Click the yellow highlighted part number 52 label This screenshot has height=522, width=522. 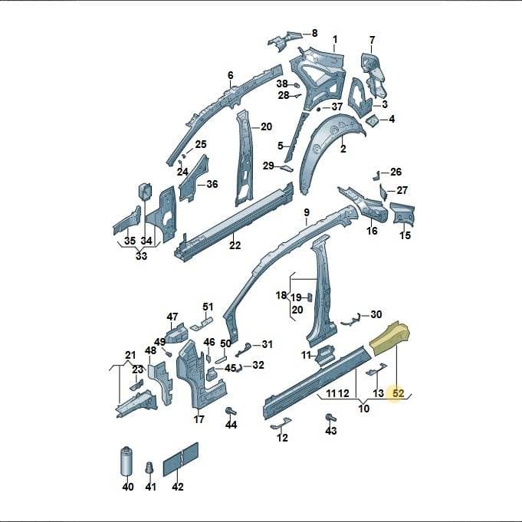click(398, 393)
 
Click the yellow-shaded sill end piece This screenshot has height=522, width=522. click(391, 337)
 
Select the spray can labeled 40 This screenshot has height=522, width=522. click(127, 461)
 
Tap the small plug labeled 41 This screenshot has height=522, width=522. click(150, 469)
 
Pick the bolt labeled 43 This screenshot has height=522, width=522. click(331, 418)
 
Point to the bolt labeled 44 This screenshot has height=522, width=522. click(230, 411)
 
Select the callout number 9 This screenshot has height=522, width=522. click(307, 212)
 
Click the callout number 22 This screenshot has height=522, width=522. click(235, 245)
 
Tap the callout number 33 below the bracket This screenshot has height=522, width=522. click(141, 256)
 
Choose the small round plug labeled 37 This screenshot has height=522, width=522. click(318, 109)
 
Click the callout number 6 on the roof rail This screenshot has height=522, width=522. click(231, 75)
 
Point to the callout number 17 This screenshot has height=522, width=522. click(199, 419)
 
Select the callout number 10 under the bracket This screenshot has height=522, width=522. click(363, 408)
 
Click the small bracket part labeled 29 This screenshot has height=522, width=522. click(287, 168)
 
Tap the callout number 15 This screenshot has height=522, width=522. click(405, 235)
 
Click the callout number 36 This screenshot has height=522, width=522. click(212, 184)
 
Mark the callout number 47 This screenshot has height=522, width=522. click(172, 317)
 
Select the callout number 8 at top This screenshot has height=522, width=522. click(314, 33)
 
